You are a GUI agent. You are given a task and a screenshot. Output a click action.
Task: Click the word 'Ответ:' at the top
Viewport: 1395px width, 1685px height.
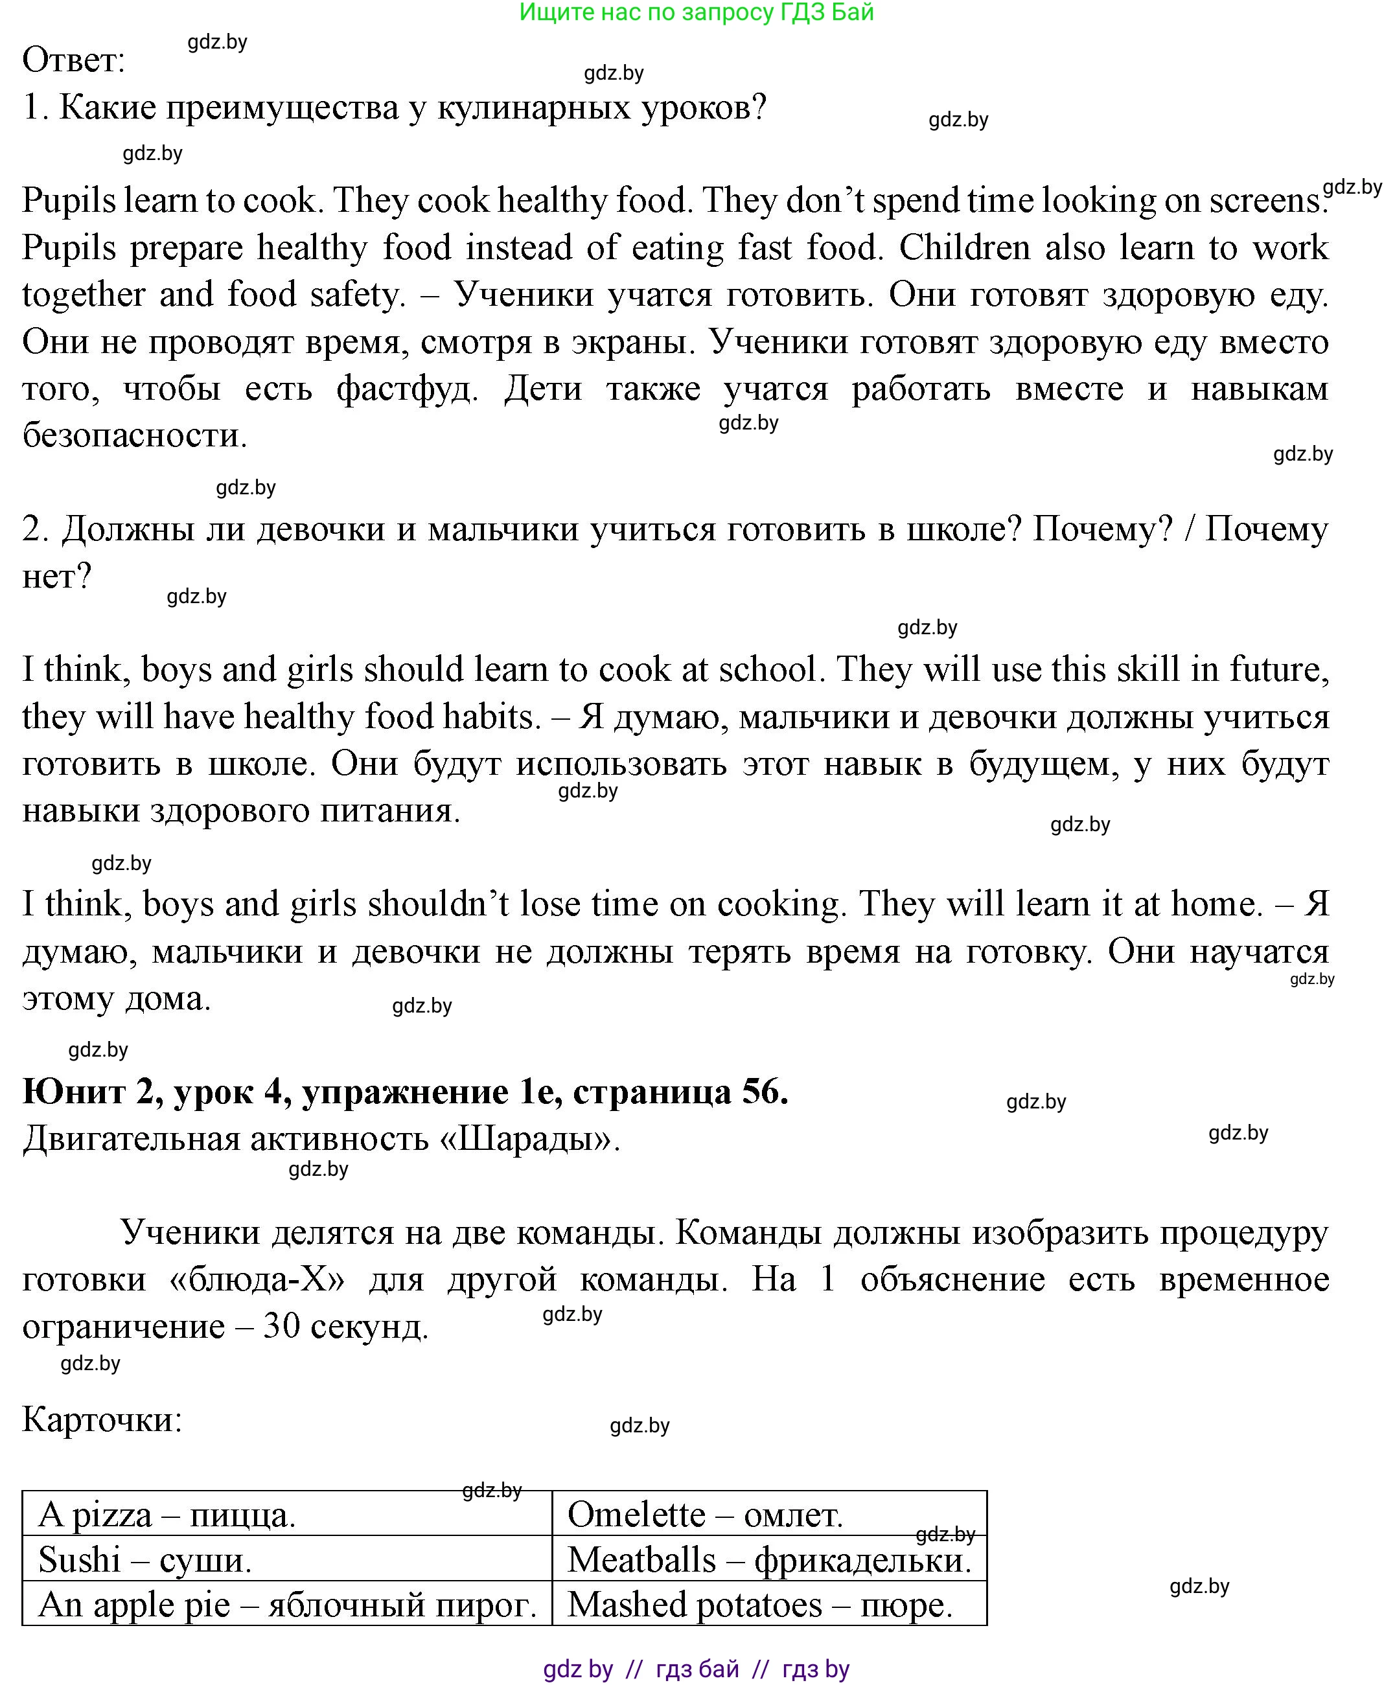(74, 60)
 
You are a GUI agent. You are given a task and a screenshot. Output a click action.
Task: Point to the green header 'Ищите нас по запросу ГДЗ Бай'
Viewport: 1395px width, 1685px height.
(696, 12)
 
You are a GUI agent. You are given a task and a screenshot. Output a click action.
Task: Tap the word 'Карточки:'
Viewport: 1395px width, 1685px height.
(102, 1419)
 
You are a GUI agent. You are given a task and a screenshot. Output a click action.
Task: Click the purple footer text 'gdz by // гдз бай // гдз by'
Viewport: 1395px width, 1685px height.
(696, 1669)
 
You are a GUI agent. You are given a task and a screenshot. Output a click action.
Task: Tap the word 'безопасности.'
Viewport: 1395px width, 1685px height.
(134, 436)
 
